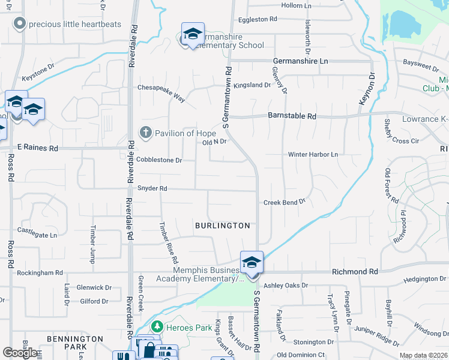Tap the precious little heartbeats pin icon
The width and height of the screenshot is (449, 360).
[20, 25]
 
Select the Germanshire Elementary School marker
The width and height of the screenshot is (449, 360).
[193, 34]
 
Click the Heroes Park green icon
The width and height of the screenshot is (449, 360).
[157, 326]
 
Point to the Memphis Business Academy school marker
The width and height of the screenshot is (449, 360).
[252, 262]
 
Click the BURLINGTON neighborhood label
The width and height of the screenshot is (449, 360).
[222, 226]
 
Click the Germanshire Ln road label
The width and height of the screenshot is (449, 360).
[300, 61]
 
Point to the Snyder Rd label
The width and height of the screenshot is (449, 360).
[152, 188]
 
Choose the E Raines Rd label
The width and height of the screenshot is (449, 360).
[37, 147]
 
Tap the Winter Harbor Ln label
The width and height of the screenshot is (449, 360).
[313, 154]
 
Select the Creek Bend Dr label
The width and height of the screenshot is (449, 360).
[285, 203]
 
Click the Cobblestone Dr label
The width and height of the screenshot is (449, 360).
[158, 160]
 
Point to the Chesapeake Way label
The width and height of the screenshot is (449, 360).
[161, 88]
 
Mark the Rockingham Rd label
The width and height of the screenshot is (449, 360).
[41, 272]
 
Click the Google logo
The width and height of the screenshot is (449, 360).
[20, 353]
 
